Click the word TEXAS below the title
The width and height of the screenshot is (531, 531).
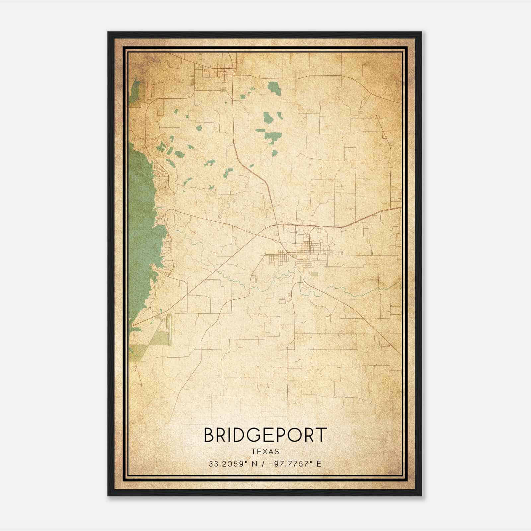(265, 451)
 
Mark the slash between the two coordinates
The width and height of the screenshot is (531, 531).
(263, 464)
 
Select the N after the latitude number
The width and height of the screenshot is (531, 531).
(255, 464)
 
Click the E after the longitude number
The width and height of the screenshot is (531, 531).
(319, 464)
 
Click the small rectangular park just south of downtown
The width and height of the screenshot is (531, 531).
(314, 274)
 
